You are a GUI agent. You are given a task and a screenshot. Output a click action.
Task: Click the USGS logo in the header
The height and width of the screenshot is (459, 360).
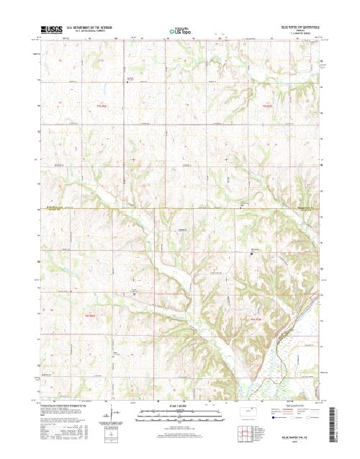(x=53, y=31)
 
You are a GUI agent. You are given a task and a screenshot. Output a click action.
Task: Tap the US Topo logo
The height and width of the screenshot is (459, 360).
(x=180, y=32)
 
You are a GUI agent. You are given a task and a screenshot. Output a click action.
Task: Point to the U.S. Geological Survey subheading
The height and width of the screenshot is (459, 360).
(x=89, y=32)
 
